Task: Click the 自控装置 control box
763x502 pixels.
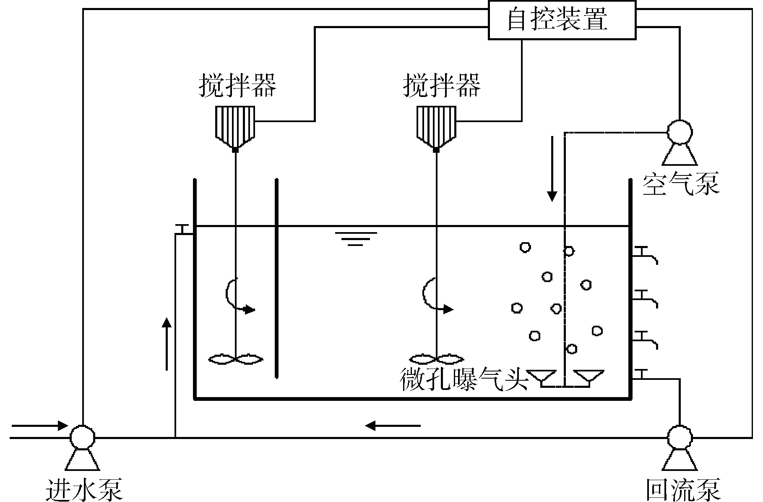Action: coord(562,20)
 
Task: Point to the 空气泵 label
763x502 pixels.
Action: coord(680,183)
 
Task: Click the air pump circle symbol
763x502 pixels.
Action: coord(680,132)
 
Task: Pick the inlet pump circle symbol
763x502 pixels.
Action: coord(82,437)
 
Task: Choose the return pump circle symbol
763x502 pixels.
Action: coord(680,437)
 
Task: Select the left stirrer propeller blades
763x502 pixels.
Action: coord(236,359)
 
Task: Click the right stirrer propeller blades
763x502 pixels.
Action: coord(437,359)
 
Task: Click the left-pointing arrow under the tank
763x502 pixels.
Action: coord(392,426)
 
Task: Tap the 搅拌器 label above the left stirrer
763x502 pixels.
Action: coord(237,85)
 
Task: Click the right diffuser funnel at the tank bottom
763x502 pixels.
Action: coord(589,376)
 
